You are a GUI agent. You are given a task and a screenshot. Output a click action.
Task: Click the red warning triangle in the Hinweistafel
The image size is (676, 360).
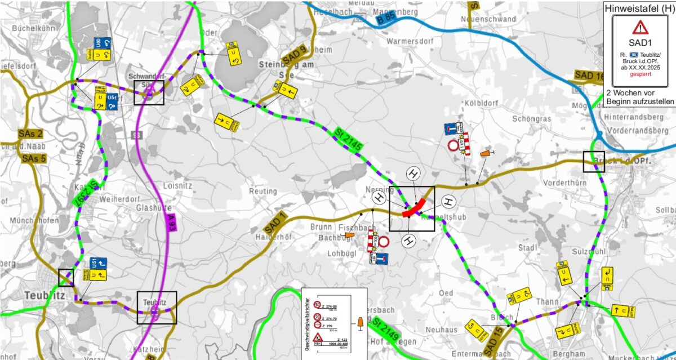[640, 27]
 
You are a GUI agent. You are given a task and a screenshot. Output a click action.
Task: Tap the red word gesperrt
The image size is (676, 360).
[640, 74]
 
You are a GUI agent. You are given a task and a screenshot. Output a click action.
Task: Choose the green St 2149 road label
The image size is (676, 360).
[385, 331]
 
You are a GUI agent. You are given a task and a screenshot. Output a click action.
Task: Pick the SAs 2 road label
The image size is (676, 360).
[30, 134]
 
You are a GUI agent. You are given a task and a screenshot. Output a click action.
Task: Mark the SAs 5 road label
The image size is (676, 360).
[35, 158]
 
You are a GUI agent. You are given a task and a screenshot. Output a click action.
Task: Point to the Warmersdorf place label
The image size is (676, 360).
[411, 42]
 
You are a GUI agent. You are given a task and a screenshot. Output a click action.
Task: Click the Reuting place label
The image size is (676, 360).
[263, 192]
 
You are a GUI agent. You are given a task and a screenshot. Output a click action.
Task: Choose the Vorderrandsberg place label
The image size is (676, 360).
[638, 131]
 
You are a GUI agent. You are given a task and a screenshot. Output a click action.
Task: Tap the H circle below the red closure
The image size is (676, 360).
[409, 241]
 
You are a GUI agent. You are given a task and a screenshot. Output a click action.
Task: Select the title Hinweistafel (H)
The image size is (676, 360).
[639, 8]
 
